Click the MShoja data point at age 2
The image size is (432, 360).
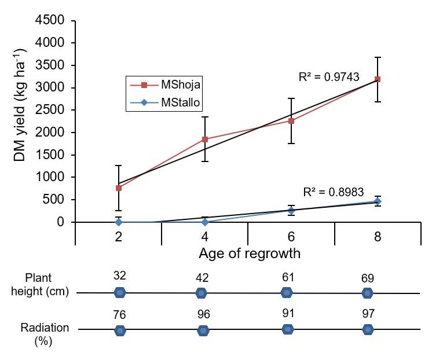119,188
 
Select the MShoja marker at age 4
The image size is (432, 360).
205,139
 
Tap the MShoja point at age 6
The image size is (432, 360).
291,121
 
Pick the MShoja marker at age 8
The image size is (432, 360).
378,79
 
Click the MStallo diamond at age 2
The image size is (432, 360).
119,222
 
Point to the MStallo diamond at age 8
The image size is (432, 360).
378,201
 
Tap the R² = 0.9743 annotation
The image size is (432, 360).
330,76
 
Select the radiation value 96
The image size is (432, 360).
203,314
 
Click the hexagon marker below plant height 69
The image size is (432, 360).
367,293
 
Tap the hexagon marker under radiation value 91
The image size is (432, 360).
287,329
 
